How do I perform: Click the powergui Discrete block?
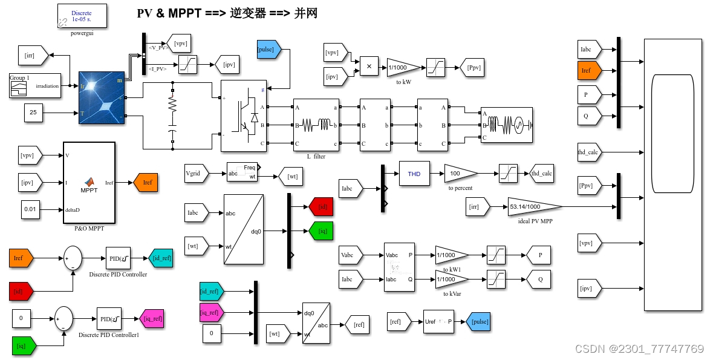coord(82,16)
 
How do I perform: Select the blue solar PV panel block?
coord(102,97)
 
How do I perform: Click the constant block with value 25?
coord(33,113)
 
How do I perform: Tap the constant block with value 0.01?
coord(30,209)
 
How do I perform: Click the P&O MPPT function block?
coord(89,183)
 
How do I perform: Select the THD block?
coord(414,174)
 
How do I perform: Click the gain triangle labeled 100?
coord(458,174)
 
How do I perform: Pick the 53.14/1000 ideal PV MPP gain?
coord(529,206)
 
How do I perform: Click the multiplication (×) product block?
coord(368,67)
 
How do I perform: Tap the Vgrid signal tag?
coord(195,174)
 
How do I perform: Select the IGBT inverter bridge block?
coord(243,116)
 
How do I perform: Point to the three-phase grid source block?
coord(506,125)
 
